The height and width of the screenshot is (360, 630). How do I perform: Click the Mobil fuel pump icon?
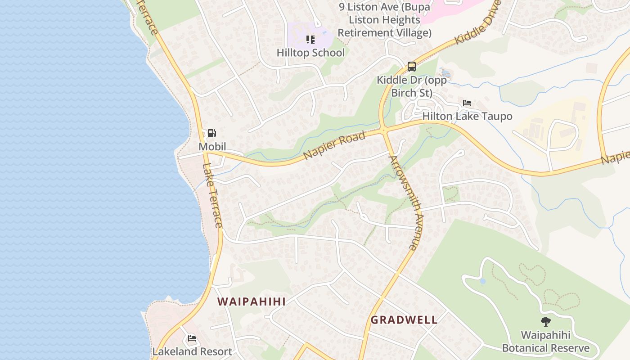[211, 133]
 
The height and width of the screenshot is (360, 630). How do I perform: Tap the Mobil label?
[212, 147]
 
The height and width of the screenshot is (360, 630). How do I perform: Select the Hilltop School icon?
[310, 40]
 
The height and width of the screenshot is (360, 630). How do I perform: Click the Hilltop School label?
[310, 53]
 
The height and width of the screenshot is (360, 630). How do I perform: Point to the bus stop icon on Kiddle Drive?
[411, 67]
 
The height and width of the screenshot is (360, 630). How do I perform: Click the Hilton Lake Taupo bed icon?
[467, 103]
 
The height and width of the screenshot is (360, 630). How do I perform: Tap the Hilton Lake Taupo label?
[467, 116]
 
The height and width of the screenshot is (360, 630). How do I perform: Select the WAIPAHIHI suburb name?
[252, 301]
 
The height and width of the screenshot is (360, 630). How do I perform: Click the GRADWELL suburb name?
[404, 320]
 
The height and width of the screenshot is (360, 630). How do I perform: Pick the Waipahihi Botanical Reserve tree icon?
[545, 322]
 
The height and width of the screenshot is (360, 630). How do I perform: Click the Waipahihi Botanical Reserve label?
[545, 342]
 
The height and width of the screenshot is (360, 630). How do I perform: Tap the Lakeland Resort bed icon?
[192, 338]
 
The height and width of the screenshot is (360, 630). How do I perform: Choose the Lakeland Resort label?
[192, 351]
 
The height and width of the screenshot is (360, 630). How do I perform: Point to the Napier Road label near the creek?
[334, 145]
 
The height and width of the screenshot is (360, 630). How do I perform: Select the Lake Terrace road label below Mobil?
[212, 195]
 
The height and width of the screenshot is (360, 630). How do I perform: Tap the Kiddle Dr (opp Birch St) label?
[411, 86]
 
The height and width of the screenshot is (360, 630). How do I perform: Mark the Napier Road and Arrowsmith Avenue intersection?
[384, 130]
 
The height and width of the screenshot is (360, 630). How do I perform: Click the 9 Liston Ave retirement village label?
[384, 20]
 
